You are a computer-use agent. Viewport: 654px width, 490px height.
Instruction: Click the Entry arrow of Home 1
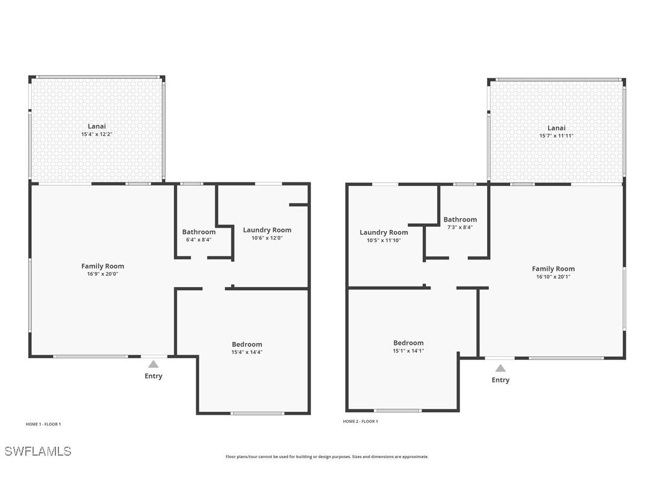coord(154,364)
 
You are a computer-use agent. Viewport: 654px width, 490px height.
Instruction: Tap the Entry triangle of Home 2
coord(500,368)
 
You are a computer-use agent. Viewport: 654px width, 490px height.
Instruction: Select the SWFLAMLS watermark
coord(38,451)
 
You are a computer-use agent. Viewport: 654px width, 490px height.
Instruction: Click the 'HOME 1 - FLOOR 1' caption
coord(43,424)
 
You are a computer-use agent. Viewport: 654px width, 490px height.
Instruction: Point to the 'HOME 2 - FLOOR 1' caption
coord(360,421)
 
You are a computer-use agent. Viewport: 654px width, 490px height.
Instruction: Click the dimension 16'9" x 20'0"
coord(102,274)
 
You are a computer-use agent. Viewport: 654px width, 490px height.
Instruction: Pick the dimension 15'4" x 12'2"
coord(97,134)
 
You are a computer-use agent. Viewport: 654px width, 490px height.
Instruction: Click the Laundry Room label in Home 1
coord(267,230)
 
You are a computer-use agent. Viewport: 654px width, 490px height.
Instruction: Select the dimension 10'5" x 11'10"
coord(384,240)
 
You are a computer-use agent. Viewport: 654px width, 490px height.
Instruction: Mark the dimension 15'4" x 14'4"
coord(247,352)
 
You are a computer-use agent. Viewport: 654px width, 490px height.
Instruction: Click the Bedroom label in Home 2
coord(408,343)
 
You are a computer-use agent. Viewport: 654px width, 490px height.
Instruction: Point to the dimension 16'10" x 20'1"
coord(553,277)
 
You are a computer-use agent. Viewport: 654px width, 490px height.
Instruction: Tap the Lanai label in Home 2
coord(556,128)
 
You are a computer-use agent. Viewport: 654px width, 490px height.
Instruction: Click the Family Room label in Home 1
coord(102,266)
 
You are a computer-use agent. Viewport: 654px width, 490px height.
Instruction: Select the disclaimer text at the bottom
coord(327,457)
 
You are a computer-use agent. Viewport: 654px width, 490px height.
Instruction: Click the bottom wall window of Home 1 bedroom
coord(258,413)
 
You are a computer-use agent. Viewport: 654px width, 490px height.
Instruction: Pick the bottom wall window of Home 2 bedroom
coord(397,411)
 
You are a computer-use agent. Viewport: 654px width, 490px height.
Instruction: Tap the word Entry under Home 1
coord(154,376)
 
